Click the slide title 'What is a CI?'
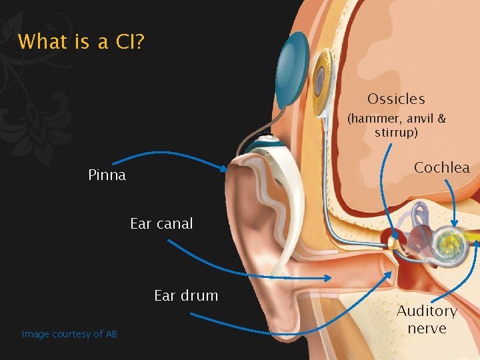pyautogui.click(x=81, y=42)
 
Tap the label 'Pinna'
pyautogui.click(x=107, y=176)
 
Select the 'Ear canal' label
pyautogui.click(x=161, y=224)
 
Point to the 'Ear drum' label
pyautogui.click(x=186, y=295)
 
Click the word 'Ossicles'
pyautogui.click(x=396, y=99)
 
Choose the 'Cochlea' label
pyautogui.click(x=441, y=167)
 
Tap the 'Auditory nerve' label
pyautogui.click(x=427, y=319)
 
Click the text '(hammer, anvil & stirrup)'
pyautogui.click(x=396, y=125)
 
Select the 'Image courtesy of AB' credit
pyautogui.click(x=69, y=334)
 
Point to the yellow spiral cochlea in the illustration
pyautogui.click(x=447, y=239)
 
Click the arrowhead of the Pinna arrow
pyautogui.click(x=225, y=170)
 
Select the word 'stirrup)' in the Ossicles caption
pyautogui.click(x=396, y=132)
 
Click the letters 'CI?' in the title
pyautogui.click(x=129, y=42)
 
